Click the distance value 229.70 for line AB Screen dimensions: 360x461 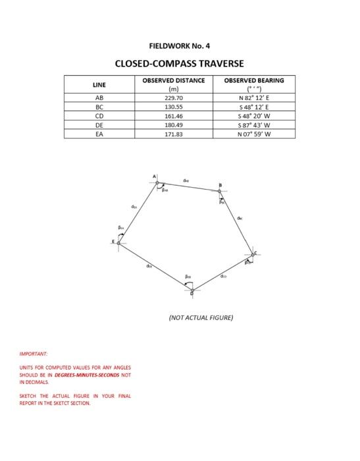point(174,97)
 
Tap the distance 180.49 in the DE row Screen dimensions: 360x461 point(174,124)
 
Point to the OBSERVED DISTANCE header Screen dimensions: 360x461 point(174,80)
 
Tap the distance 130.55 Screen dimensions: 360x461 point(174,106)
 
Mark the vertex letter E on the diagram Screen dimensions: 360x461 point(112,243)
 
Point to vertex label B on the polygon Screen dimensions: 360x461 point(220,184)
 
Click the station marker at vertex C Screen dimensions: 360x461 point(252,254)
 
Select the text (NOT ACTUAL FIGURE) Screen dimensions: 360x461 point(201,317)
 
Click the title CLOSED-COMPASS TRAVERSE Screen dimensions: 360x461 point(179,64)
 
